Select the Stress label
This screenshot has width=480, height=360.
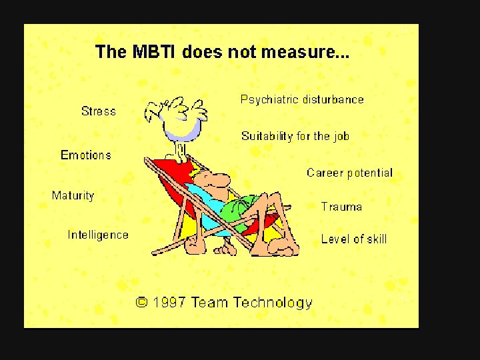[x=99, y=111]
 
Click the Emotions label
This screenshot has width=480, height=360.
[x=86, y=155]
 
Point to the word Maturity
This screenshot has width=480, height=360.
[x=73, y=196]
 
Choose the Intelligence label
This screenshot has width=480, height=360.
[x=98, y=235]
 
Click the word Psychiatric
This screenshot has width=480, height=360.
[x=269, y=100]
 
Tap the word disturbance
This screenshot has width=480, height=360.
[x=333, y=100]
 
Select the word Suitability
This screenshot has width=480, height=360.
[x=267, y=137]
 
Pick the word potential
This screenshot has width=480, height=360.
[x=369, y=173]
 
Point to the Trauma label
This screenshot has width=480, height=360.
[x=341, y=207]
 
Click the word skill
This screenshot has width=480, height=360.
[x=375, y=239]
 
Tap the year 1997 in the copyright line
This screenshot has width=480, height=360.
[x=169, y=303]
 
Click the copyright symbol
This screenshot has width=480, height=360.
[x=142, y=302]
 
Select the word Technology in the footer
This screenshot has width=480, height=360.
[x=273, y=303]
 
